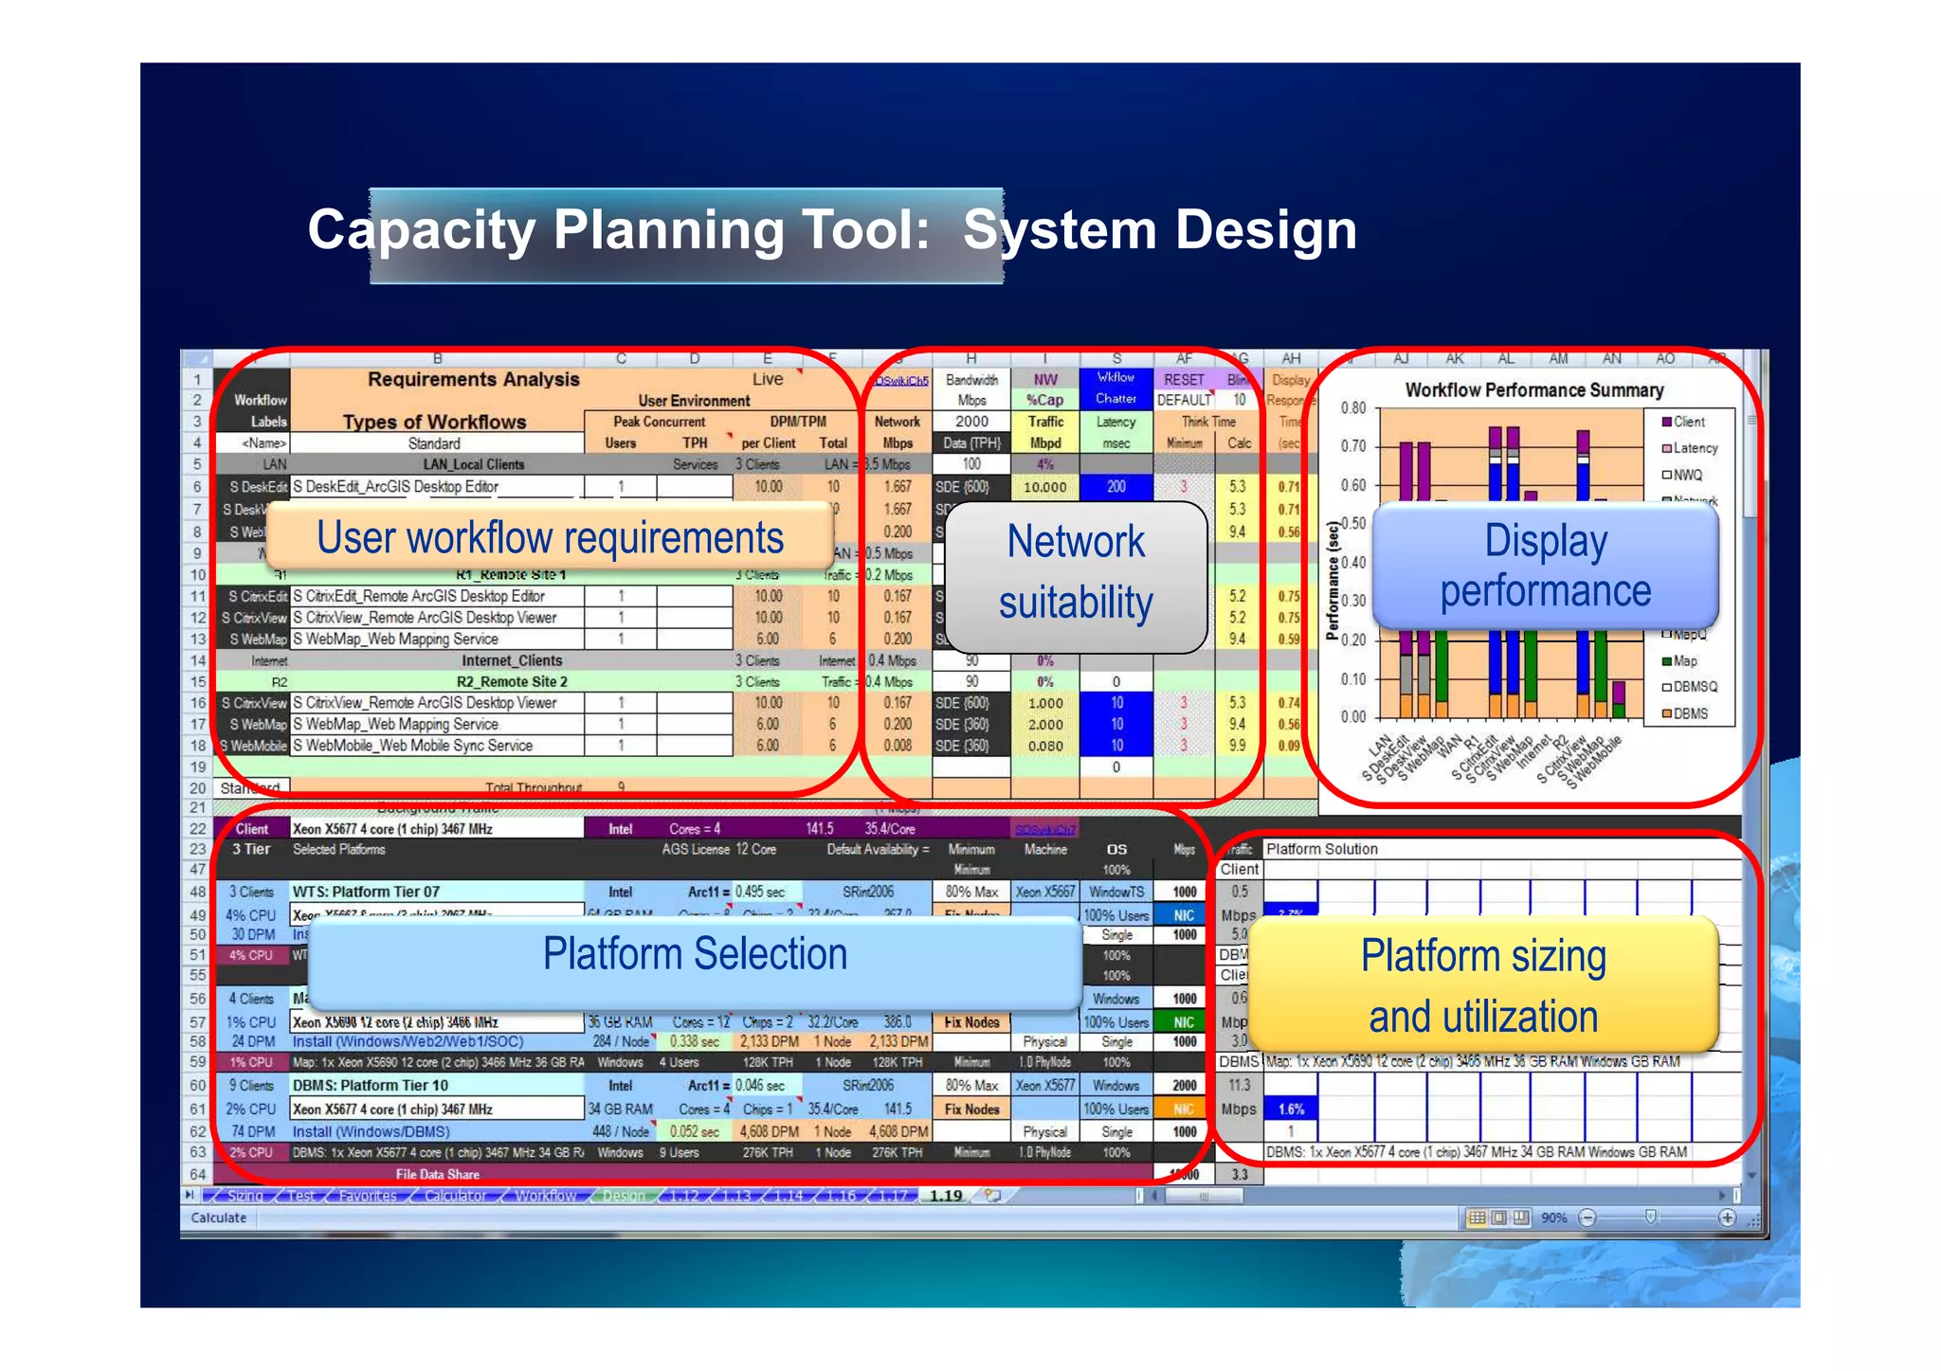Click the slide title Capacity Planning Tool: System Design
(831, 230)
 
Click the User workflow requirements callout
(550, 537)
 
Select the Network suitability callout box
(1076, 574)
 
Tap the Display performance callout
(1545, 566)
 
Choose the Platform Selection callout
(695, 954)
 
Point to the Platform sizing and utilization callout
(1483, 985)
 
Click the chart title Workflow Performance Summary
(1533, 390)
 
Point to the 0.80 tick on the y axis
(1353, 408)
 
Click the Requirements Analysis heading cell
(473, 380)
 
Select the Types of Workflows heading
(434, 422)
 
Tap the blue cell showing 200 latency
(1116, 487)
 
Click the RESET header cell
(1184, 380)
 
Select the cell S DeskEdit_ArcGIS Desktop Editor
(395, 487)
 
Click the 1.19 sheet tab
(945, 1196)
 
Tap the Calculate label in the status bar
(219, 1218)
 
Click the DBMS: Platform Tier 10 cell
(371, 1086)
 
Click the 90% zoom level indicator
(1552, 1218)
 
